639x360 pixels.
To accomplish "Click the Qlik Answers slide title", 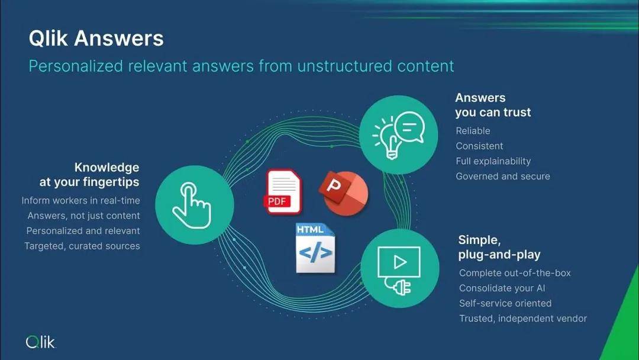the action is point(96,38).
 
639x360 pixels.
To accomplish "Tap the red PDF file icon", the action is point(283,192).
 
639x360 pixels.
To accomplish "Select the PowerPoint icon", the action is point(344,193).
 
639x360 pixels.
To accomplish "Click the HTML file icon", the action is point(315,248).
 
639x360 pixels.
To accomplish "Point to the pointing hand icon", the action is point(192,205).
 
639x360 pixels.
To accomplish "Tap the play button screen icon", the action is point(399,262).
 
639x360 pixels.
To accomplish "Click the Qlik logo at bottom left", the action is point(40,342).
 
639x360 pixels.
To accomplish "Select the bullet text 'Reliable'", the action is point(473,131).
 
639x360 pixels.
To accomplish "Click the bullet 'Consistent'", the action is point(479,146).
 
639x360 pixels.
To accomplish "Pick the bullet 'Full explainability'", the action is point(493,161).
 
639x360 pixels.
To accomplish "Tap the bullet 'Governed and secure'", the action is point(503,176).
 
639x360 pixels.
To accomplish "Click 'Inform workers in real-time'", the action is point(80,201).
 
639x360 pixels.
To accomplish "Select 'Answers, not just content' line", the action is point(83,216).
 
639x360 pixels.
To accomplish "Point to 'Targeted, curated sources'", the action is point(82,246).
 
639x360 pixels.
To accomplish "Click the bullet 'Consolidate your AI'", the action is point(502,288).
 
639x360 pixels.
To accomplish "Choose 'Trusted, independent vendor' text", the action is point(523,319).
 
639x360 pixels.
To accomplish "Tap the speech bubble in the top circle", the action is point(409,126).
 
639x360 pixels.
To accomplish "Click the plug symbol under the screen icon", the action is point(401,286).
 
